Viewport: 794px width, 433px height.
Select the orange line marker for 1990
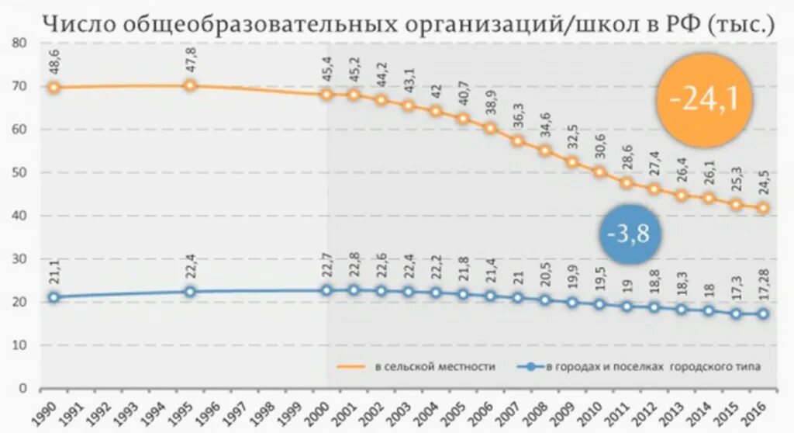[54, 87]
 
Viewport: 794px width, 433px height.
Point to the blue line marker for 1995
[190, 292]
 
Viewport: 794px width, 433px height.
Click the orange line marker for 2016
[764, 208]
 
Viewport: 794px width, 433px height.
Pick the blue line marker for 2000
[326, 290]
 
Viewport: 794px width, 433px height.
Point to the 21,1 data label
[54, 274]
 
